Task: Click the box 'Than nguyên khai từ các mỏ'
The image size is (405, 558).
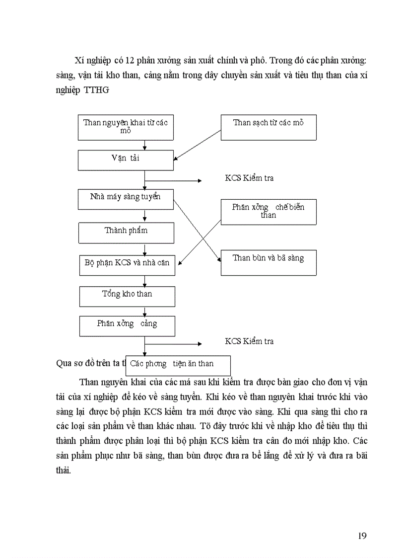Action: pos(126,127)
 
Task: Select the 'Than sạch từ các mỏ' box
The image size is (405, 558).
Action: pos(269,127)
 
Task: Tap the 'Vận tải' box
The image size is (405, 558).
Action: pos(126,160)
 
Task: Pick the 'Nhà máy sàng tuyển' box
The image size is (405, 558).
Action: pos(126,199)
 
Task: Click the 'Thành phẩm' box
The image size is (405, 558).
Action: pos(126,232)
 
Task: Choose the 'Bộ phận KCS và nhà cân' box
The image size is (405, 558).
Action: pos(127,263)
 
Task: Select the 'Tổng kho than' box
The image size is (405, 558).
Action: pos(127,296)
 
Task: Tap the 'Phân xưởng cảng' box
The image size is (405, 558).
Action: pos(127,325)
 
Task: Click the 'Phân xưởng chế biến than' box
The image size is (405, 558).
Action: pos(269,212)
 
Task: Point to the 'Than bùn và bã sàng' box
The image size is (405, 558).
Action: pos(269,262)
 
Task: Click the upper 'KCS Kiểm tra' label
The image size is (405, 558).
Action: pos(249,178)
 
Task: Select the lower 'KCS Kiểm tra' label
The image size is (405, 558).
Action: pos(249,341)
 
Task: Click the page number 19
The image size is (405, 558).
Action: pos(362,535)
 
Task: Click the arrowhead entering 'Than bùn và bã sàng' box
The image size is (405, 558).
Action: pos(218,258)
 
